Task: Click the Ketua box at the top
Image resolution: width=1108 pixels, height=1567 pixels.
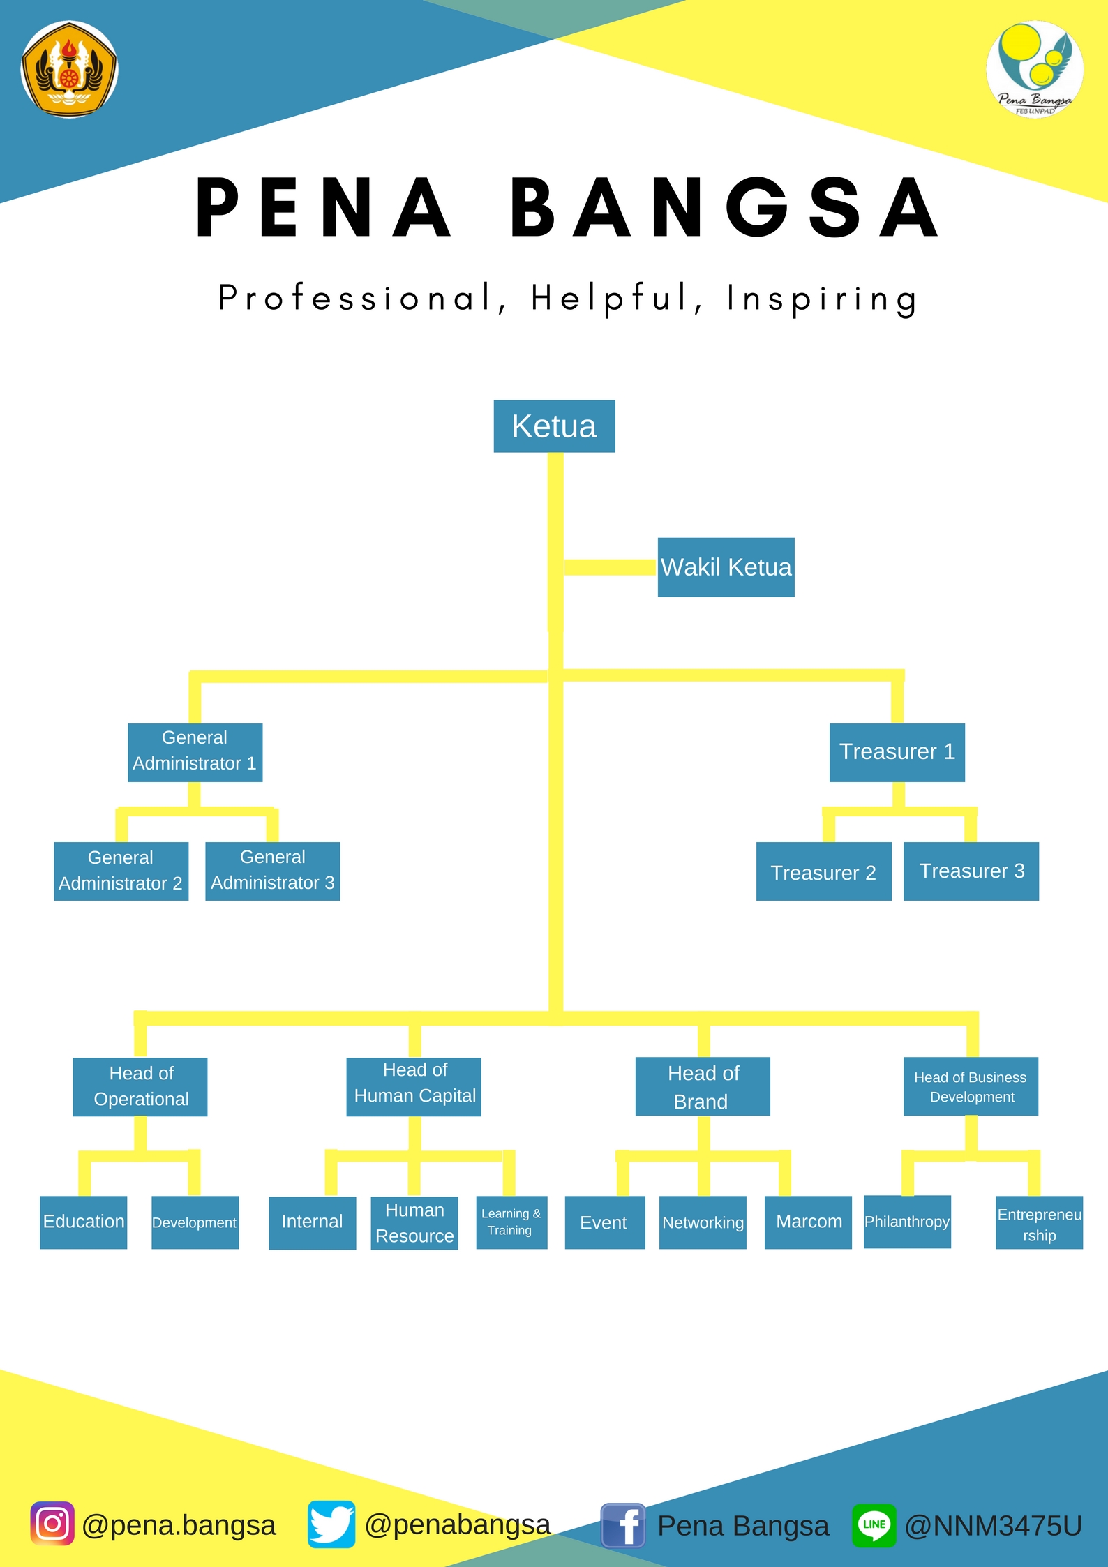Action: pyautogui.click(x=554, y=426)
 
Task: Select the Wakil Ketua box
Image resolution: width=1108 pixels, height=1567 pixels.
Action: pyautogui.click(x=726, y=567)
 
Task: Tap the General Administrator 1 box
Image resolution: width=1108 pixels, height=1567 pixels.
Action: pyautogui.click(x=195, y=752)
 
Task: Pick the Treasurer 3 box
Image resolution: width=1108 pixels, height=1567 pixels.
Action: pyautogui.click(x=971, y=871)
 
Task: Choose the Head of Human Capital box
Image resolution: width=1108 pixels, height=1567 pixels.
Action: pyautogui.click(x=414, y=1086)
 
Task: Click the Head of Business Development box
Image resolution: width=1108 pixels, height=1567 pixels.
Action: pyautogui.click(x=971, y=1086)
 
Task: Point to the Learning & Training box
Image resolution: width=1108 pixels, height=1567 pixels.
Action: pyautogui.click(x=511, y=1222)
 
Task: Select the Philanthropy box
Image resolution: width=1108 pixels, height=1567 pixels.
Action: pyautogui.click(x=907, y=1221)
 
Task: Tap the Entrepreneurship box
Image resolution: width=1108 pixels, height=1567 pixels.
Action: pyautogui.click(x=1039, y=1222)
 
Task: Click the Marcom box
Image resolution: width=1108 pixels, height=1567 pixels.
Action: pyautogui.click(x=808, y=1222)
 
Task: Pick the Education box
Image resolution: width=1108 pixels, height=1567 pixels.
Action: pyautogui.click(x=84, y=1222)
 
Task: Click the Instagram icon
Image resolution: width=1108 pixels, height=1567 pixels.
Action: pyautogui.click(x=52, y=1524)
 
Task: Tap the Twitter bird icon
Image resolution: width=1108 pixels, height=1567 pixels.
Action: pyautogui.click(x=331, y=1524)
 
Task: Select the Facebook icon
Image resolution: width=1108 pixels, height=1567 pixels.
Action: pyautogui.click(x=623, y=1525)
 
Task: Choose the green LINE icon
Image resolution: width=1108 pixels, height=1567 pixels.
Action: pyautogui.click(x=874, y=1524)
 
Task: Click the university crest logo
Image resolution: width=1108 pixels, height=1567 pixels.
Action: pyautogui.click(x=69, y=69)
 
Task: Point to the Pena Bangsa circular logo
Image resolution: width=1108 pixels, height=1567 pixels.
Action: pyautogui.click(x=1035, y=69)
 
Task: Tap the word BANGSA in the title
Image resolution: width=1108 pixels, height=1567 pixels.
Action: pyautogui.click(x=726, y=208)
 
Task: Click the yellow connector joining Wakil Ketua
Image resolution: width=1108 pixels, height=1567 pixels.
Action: pyautogui.click(x=610, y=567)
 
